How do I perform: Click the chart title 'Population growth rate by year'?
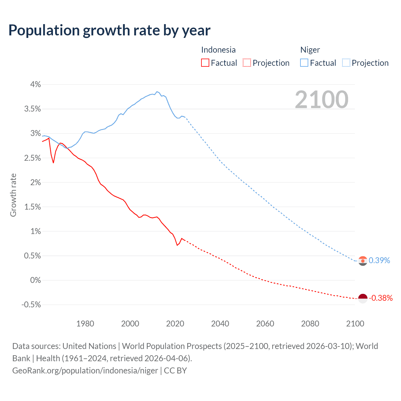point(109,30)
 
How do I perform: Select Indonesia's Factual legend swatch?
point(205,63)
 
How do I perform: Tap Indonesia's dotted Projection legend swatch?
point(247,63)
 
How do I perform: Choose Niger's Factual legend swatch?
point(304,63)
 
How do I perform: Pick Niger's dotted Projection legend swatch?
point(346,63)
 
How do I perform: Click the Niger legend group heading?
point(310,50)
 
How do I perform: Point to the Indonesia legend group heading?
point(218,50)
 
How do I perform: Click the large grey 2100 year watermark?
point(321,100)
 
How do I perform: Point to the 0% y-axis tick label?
point(35,280)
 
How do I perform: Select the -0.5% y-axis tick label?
point(31,305)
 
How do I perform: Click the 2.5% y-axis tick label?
point(33,158)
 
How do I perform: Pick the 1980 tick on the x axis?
point(85,324)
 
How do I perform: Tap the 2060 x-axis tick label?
point(265,324)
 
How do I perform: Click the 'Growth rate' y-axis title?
point(13,195)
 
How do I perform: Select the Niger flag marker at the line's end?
point(362,261)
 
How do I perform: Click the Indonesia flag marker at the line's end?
point(362,298)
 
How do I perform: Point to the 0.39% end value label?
point(379,260)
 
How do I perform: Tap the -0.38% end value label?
point(381,298)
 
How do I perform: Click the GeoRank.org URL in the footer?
point(85,370)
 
